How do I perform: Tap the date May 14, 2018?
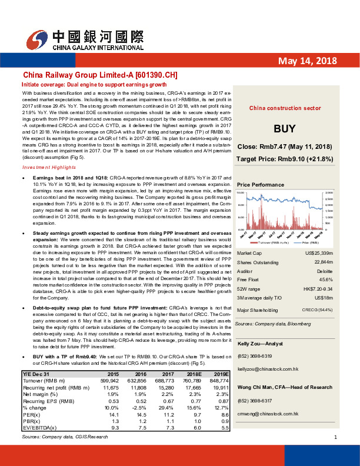(306, 61)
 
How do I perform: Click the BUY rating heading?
(280, 129)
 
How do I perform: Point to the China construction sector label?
(280, 108)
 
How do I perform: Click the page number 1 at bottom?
(335, 454)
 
